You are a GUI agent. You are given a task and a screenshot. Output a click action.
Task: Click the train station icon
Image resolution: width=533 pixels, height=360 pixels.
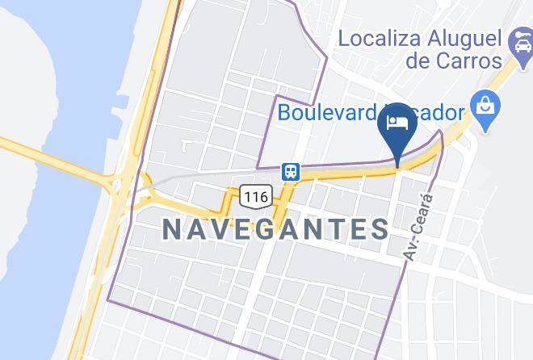[x=290, y=171]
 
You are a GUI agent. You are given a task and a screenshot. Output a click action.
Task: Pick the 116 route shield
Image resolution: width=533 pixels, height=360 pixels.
[x=254, y=196]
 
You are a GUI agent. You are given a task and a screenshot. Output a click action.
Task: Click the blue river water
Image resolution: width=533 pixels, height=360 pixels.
[x=48, y=81]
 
